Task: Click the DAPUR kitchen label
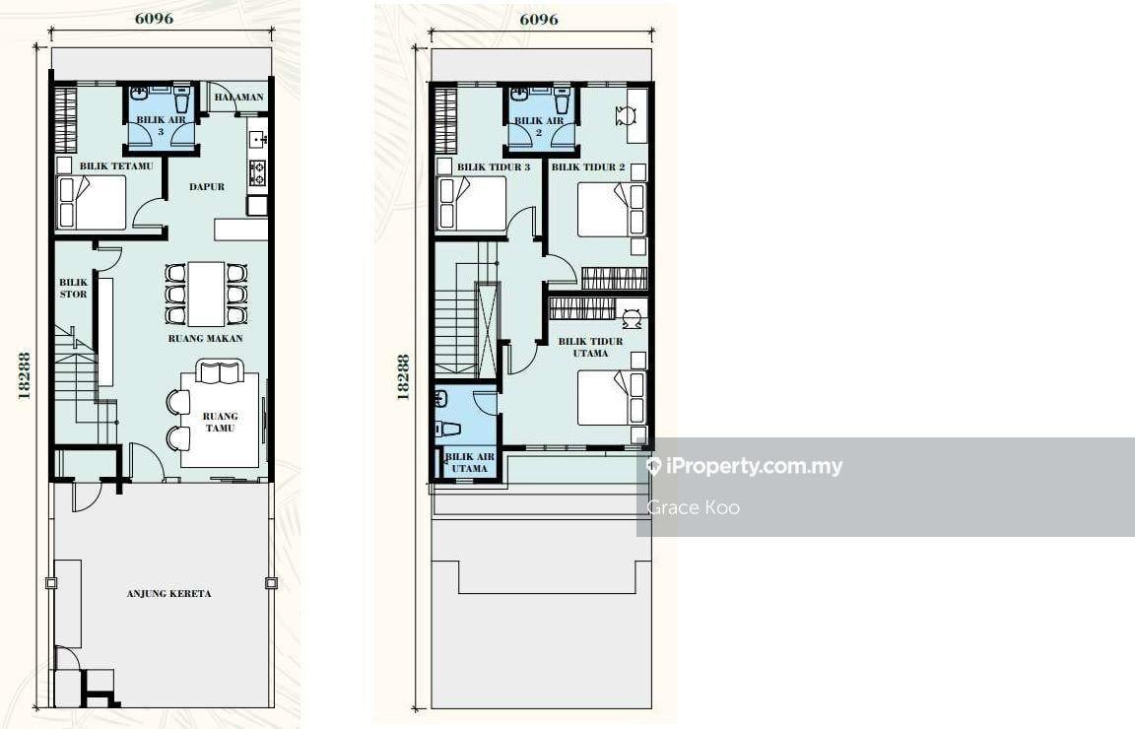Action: (207, 187)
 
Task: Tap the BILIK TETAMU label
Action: (116, 166)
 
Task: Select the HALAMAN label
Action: (238, 97)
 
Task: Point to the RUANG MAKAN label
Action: (206, 338)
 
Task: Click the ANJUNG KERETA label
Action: (169, 594)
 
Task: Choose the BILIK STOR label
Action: (73, 288)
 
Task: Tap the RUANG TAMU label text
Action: (220, 422)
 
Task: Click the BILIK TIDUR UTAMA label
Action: (591, 347)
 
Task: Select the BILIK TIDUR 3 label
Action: (494, 166)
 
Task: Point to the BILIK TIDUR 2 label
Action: (588, 166)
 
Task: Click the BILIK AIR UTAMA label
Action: (470, 463)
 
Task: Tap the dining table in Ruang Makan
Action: (206, 294)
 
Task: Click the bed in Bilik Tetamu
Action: (92, 203)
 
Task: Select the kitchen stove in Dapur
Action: (258, 173)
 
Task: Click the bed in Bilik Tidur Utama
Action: (611, 397)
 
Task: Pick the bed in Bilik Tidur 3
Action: (472, 204)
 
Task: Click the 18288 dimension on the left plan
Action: (24, 375)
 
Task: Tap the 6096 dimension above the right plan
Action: (539, 19)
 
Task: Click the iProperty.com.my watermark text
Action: (746, 466)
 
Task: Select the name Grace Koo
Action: (694, 507)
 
